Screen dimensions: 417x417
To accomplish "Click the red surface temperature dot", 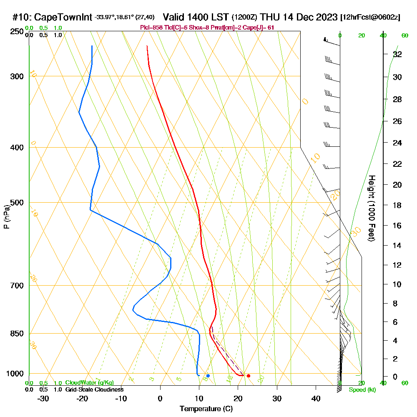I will pos(249,376).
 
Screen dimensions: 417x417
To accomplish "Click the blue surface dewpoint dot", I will pos(208,376).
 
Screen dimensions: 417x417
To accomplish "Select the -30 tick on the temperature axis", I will pos(43,399).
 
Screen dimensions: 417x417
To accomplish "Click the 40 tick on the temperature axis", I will pos(316,399).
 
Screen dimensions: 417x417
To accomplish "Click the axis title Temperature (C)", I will pos(206,409).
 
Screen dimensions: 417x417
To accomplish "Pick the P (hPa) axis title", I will pos(6,216).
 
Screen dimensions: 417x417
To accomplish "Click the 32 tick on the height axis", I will pos(397,54).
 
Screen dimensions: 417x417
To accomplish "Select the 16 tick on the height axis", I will pos(397,226).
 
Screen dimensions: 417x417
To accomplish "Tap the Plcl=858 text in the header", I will pos(153,28).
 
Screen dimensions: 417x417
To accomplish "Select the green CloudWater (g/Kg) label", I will pos(89,383).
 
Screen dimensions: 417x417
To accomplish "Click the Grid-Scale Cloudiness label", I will pos(94,389).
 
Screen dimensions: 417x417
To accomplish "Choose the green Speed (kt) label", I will pos(361,390).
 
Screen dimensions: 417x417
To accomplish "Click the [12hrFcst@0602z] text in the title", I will pos(370,18).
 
